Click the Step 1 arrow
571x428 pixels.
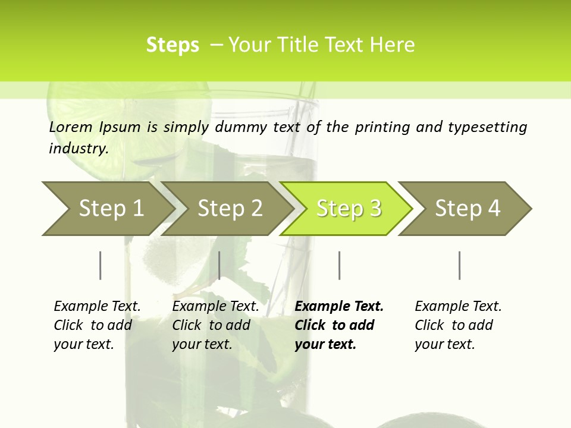coord(110,209)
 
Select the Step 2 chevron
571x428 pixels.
coord(229,209)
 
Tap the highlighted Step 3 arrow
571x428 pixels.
coord(348,209)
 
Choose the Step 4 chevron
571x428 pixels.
coord(467,209)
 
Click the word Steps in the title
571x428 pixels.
coord(172,45)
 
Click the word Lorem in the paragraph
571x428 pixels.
coord(71,127)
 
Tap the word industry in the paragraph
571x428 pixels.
coord(79,148)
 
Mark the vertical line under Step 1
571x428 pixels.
coord(101,265)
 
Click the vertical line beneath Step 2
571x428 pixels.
coord(219,265)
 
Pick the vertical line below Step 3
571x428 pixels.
coord(339,265)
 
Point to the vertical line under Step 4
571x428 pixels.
coord(459,265)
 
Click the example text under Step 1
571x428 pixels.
coord(97,325)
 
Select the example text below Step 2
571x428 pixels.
coord(215,325)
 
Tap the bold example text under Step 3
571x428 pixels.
coord(339,325)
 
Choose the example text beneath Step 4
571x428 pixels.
coord(458,325)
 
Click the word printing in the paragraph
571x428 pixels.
coord(380,127)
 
